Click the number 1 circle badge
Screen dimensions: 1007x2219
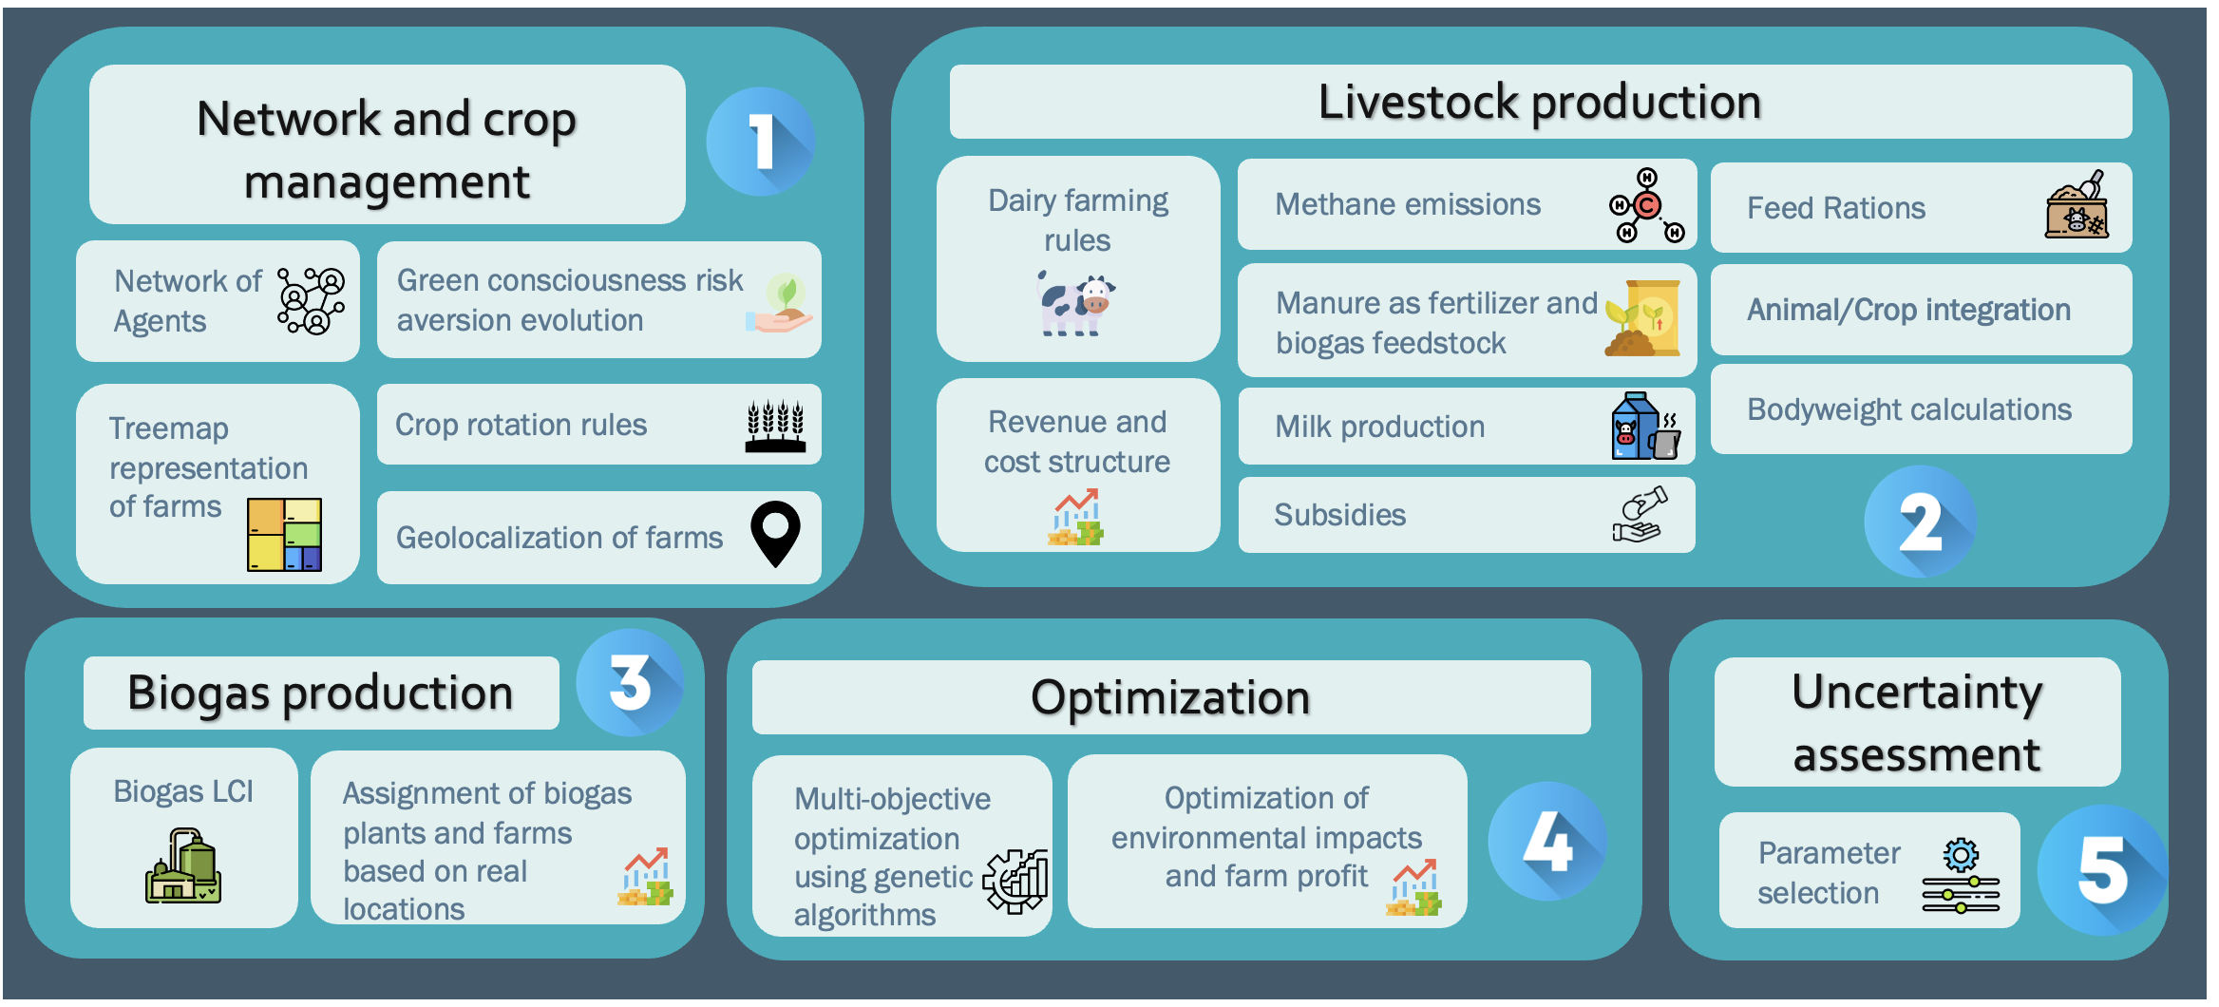tap(760, 142)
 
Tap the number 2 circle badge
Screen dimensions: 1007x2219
tap(1920, 522)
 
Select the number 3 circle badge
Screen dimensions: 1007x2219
tap(630, 682)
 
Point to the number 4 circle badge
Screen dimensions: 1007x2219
tap(1547, 842)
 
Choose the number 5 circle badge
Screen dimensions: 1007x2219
tap(2102, 870)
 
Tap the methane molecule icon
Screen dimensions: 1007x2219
tap(1646, 205)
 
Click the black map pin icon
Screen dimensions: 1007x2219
tap(775, 534)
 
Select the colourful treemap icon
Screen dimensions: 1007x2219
tap(284, 534)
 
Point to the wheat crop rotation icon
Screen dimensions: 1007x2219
tap(775, 426)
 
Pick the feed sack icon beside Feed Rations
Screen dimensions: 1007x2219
tap(2077, 205)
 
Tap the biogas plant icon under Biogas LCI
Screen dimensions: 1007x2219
tap(183, 865)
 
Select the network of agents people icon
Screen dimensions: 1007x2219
tap(311, 300)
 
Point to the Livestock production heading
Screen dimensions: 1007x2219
tap(1539, 103)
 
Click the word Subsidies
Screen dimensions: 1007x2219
tap(1339, 515)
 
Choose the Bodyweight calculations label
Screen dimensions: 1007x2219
tap(1909, 409)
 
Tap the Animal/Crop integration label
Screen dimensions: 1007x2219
tap(1908, 310)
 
